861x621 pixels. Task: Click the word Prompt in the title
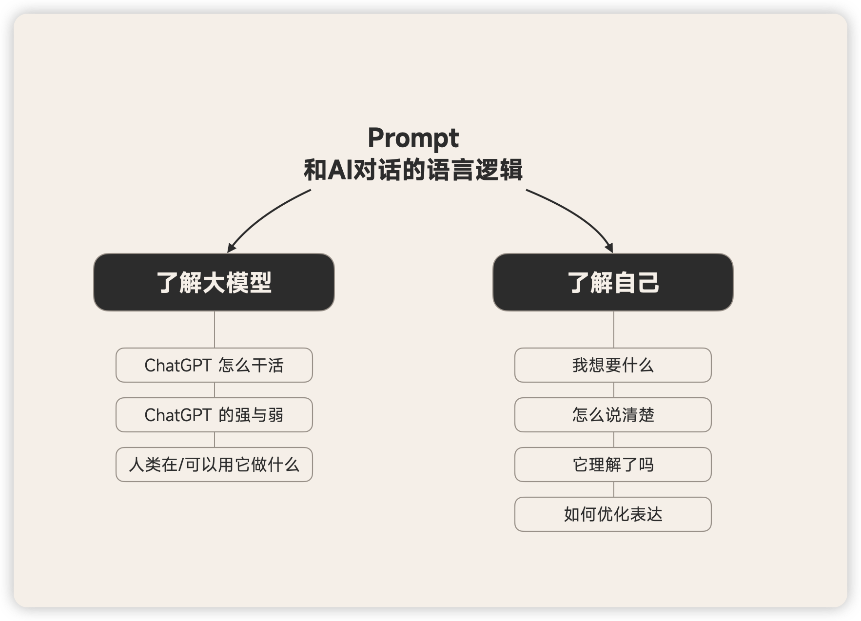click(413, 138)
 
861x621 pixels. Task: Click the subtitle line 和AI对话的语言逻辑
click(413, 170)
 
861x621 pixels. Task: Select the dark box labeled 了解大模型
click(214, 282)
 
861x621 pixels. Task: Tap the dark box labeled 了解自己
click(613, 282)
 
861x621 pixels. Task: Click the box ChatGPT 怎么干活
click(214, 365)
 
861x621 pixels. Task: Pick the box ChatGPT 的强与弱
click(214, 415)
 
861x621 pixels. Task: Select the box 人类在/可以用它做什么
click(214, 465)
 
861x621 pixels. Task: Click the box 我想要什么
click(613, 365)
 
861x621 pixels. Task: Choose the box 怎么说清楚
click(613, 415)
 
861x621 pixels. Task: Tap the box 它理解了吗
click(613, 465)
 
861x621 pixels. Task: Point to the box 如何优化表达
click(613, 514)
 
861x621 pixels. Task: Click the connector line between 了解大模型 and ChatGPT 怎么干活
click(215, 330)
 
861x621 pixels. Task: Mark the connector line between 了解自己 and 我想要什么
click(613, 330)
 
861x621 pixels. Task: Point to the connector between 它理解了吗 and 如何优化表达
click(613, 489)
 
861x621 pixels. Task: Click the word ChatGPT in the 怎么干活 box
click(178, 365)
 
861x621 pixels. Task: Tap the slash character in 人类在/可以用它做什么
click(181, 465)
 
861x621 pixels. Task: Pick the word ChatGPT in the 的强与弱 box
click(178, 415)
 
